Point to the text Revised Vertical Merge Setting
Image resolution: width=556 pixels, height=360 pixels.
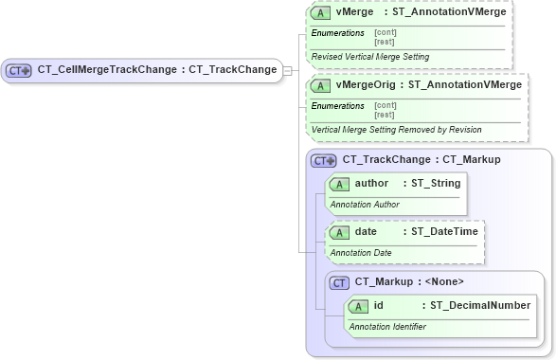tap(356, 57)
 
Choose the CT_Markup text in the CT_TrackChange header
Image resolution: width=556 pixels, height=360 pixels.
tap(467, 160)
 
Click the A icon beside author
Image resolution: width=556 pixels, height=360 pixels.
tap(339, 184)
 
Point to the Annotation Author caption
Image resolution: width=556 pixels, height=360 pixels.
tap(365, 204)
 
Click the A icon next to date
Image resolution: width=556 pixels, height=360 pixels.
tap(339, 232)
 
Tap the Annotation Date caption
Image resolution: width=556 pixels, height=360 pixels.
tap(361, 253)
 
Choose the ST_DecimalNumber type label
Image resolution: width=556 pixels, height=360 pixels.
tap(480, 306)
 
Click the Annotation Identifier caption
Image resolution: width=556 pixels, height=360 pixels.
tap(387, 327)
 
